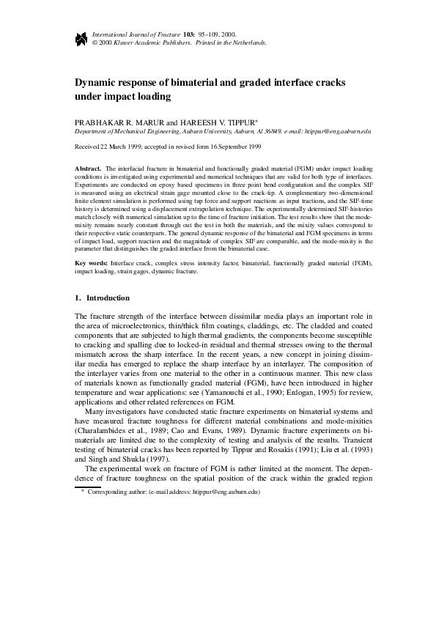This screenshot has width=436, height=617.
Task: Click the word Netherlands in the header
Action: tap(248, 43)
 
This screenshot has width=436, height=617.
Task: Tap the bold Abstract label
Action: tap(89, 169)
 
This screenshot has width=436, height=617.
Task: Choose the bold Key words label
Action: tap(92, 262)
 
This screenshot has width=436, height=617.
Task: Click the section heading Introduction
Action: tap(108, 298)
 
